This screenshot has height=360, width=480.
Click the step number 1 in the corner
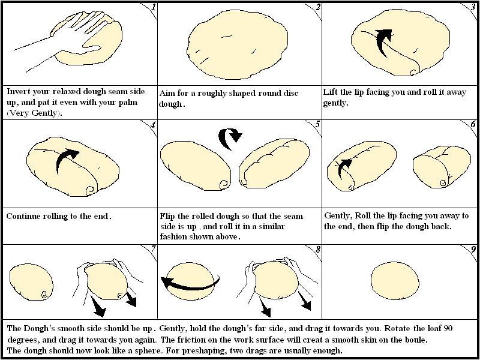click(x=153, y=8)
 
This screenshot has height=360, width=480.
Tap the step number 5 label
click(x=317, y=125)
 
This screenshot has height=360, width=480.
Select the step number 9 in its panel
click(x=473, y=249)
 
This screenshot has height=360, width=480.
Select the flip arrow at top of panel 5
click(x=231, y=137)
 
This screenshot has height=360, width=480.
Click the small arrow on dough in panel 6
click(x=343, y=166)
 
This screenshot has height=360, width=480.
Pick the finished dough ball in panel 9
click(x=395, y=281)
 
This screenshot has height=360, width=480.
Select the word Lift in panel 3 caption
click(x=332, y=92)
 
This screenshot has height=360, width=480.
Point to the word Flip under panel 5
click(x=169, y=216)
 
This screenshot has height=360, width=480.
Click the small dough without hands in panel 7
click(x=32, y=281)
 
